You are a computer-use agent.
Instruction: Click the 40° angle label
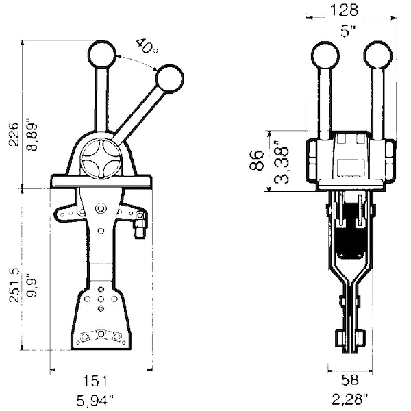[x=147, y=46]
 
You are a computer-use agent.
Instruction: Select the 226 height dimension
[x=14, y=134]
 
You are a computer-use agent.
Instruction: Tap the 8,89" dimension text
[x=32, y=137]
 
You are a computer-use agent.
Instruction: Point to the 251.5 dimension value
[x=14, y=286]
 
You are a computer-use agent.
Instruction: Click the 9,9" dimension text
[x=32, y=285]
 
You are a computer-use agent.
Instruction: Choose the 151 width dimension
[x=95, y=381]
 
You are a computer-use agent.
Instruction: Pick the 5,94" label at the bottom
[x=95, y=400]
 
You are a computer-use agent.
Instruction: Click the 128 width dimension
[x=344, y=11]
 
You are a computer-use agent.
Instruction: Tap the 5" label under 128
[x=348, y=32]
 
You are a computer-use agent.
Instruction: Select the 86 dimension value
[x=257, y=160]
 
